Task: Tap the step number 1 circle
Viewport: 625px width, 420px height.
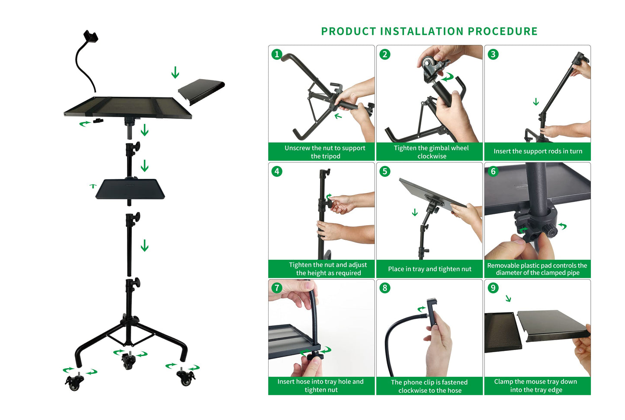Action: point(277,54)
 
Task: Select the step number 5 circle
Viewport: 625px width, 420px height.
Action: point(385,172)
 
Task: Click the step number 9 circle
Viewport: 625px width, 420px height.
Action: point(493,288)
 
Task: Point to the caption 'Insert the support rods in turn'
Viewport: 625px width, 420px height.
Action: point(538,151)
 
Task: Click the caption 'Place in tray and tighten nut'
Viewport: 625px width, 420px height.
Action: point(429,269)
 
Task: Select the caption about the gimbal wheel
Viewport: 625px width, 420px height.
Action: point(431,152)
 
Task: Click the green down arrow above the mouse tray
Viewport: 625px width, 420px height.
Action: point(175,72)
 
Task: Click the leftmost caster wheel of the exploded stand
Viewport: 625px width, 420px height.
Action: point(74,382)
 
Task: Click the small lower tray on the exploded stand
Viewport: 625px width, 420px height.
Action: point(130,189)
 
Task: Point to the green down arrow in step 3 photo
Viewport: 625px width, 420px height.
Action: point(536,102)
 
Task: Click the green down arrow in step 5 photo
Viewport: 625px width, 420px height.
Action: point(415,212)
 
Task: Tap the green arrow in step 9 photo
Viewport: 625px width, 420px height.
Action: point(509,298)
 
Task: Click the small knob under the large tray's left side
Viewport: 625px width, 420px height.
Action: point(99,121)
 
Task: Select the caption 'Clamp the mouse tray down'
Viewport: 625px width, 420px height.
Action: point(535,385)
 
